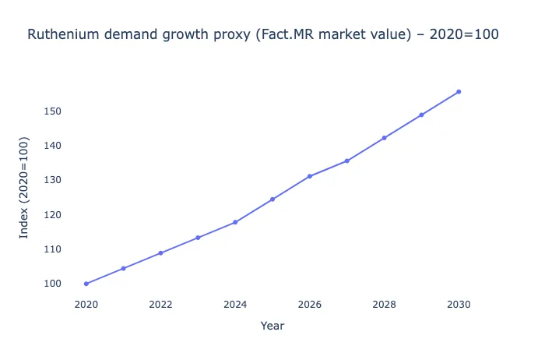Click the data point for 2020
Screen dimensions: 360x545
[86, 284]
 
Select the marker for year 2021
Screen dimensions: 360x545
[124, 268]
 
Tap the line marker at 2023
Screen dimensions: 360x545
[198, 238]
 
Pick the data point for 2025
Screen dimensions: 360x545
[272, 199]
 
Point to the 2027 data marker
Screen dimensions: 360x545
[347, 161]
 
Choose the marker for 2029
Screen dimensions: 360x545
[421, 115]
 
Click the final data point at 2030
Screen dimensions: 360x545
[459, 92]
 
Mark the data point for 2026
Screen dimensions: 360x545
[310, 176]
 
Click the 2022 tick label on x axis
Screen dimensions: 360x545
[160, 304]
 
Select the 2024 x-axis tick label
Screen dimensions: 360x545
[235, 304]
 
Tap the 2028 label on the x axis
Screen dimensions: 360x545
[384, 304]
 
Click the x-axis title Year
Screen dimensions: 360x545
[272, 326]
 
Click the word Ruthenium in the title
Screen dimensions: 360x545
[62, 35]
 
